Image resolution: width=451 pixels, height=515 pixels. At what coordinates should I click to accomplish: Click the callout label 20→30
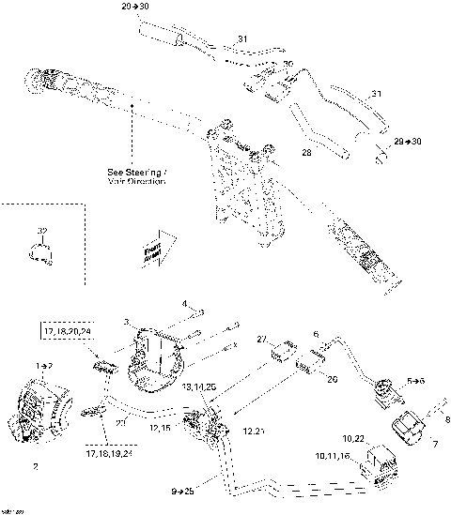[x=136, y=6]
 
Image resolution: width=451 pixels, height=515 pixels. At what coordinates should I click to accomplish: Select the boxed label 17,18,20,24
[x=67, y=331]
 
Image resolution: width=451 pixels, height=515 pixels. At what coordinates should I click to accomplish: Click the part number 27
[x=263, y=339]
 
